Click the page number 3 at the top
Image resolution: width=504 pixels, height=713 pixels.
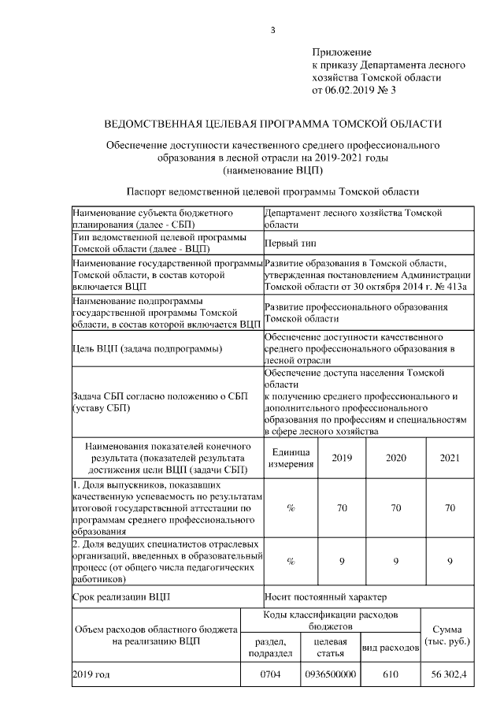pyautogui.click(x=272, y=31)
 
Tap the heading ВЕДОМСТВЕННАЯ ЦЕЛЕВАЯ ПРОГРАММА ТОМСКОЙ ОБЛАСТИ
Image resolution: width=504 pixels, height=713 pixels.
pyautogui.click(x=273, y=124)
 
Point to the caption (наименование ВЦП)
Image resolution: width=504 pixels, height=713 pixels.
pyautogui.click(x=273, y=169)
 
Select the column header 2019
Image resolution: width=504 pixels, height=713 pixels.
pyautogui.click(x=342, y=458)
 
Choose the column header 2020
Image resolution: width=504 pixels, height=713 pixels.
pyautogui.click(x=396, y=458)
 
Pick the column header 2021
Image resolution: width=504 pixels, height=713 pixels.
pyautogui.click(x=450, y=458)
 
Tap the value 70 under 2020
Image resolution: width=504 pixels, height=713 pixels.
pyautogui.click(x=396, y=508)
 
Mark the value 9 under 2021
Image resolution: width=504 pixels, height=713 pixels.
pyautogui.click(x=450, y=561)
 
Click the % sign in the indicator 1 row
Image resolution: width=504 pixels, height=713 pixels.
pyautogui.click(x=291, y=508)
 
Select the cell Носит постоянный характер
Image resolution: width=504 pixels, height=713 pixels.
pyautogui.click(x=325, y=596)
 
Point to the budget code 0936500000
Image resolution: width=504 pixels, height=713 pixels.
pyautogui.click(x=331, y=675)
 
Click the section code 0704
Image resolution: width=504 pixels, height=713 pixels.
pyautogui.click(x=270, y=675)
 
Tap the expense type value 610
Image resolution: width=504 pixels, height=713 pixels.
pyautogui.click(x=390, y=675)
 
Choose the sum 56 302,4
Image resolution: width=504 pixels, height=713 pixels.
pyautogui.click(x=450, y=675)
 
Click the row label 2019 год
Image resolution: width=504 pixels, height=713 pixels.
pyautogui.click(x=91, y=675)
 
